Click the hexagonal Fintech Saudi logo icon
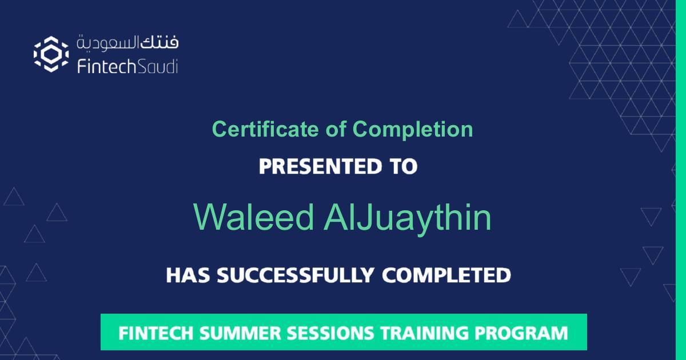[51, 54]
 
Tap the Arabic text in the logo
[127, 42]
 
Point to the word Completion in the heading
[413, 129]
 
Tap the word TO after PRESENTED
[403, 167]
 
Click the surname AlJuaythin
[407, 218]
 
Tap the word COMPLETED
[446, 275]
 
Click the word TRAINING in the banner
[426, 333]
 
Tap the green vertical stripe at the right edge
[680, 180]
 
